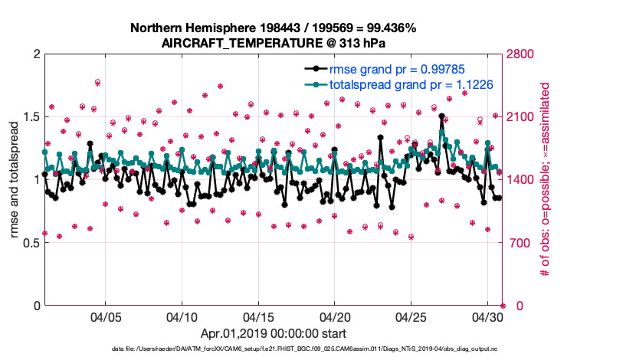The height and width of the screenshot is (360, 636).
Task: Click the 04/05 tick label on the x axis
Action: click(x=106, y=316)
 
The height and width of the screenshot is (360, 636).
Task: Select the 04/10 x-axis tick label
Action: click(x=182, y=316)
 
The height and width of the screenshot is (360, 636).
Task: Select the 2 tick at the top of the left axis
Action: click(x=36, y=54)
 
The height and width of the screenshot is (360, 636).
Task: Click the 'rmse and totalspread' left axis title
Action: click(x=15, y=180)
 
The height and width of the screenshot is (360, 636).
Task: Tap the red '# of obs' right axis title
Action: click(x=546, y=180)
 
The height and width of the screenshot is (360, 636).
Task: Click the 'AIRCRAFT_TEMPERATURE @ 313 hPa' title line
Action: click(x=274, y=44)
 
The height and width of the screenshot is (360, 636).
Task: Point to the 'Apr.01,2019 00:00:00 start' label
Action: click(x=274, y=333)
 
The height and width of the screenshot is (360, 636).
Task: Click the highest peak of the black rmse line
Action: click(x=442, y=116)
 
